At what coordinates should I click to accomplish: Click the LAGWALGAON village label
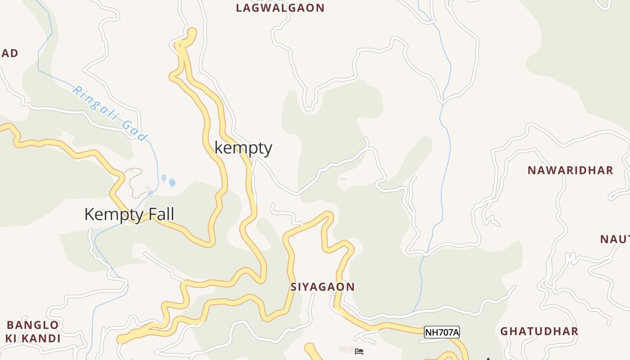coord(280,8)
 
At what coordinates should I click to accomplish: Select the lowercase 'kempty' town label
coord(243,148)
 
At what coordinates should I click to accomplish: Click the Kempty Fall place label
coord(129,214)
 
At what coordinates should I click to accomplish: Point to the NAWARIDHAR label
coord(570,171)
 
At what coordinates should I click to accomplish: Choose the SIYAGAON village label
coord(322,287)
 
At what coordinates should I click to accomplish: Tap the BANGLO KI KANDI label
coord(33,332)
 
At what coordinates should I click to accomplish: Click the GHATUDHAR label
coord(539,331)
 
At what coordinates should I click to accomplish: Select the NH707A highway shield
coord(441,333)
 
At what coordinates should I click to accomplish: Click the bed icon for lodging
coord(359,351)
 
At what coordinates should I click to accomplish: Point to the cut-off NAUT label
coord(615,239)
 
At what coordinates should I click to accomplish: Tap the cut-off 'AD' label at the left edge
coord(9,53)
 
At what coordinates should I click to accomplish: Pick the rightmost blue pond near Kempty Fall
coord(172,183)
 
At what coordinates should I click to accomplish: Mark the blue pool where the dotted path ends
coord(151,193)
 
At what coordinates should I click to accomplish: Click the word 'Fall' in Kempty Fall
coord(158,214)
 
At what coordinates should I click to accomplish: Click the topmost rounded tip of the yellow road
coord(192,32)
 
